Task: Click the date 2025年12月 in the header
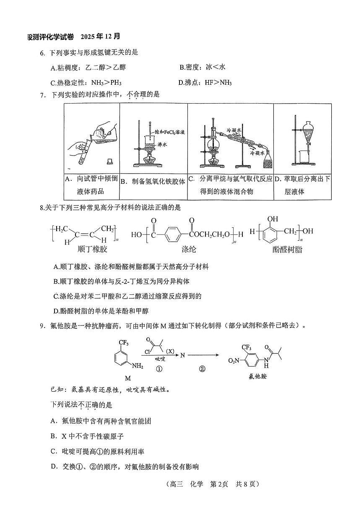click(x=101, y=36)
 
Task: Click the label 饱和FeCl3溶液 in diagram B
click(x=170, y=132)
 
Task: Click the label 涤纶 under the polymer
click(x=189, y=250)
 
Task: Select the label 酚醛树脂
click(x=287, y=250)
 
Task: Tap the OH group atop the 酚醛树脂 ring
click(x=273, y=218)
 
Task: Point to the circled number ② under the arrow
click(x=202, y=369)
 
